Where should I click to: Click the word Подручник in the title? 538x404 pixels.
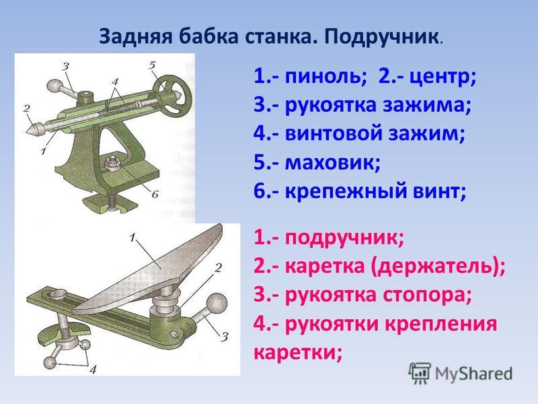(x=381, y=36)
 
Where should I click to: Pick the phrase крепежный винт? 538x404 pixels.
(x=375, y=192)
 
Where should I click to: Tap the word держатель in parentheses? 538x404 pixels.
(x=434, y=267)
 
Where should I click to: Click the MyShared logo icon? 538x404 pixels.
(x=420, y=373)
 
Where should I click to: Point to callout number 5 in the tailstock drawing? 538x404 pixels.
(x=152, y=65)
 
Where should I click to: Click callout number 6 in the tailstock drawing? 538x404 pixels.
(x=155, y=195)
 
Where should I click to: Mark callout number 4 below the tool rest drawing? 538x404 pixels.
(x=93, y=369)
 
